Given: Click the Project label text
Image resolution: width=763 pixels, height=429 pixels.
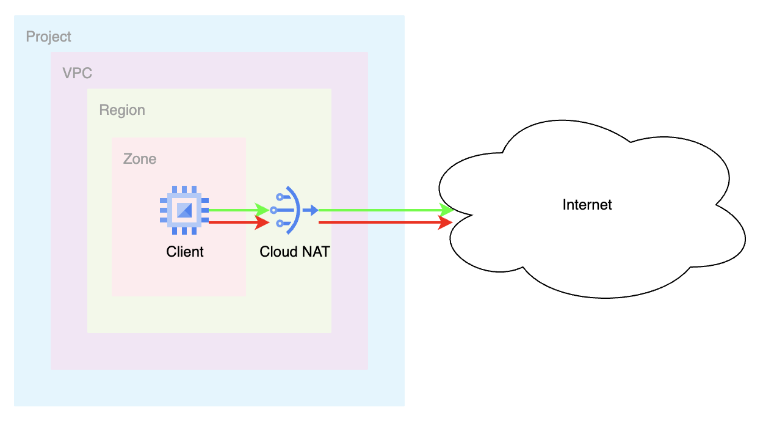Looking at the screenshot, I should coord(48,37).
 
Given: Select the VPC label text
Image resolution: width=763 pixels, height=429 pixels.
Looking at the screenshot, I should coord(77,73).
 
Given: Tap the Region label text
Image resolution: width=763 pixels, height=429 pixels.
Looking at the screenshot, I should coord(122,110).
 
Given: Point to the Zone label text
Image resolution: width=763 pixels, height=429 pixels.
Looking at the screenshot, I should coord(140,159).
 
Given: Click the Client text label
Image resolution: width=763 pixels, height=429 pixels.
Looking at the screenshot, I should coord(185,251).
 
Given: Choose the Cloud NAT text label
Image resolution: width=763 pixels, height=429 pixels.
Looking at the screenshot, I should coord(295,251).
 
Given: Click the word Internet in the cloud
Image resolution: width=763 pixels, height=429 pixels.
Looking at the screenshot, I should coord(587,204).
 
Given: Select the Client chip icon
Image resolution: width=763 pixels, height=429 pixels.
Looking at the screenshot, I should coord(184,211).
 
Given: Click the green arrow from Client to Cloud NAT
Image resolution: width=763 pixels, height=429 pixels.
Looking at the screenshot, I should coord(232,210).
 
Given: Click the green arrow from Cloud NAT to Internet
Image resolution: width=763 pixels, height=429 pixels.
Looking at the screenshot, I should coord(378,210).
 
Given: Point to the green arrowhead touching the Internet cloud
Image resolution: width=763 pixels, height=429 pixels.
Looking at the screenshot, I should coord(447,210).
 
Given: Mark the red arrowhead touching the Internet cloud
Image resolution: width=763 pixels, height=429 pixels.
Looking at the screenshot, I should coord(446,222).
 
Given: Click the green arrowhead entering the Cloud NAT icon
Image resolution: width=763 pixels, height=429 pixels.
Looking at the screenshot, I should coord(262,210).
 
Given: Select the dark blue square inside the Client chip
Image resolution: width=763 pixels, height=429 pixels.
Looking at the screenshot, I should coord(184,211).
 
